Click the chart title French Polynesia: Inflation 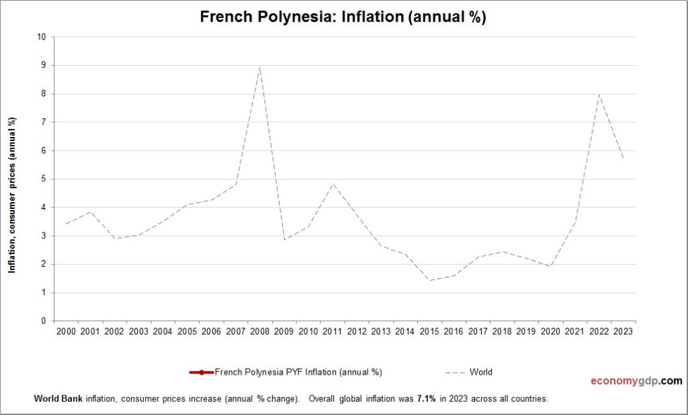click(343, 17)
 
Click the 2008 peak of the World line click(260, 66)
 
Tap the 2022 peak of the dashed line click(599, 94)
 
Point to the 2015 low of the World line click(429, 280)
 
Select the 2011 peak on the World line click(333, 183)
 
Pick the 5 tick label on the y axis click(44, 179)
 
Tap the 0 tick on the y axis click(44, 321)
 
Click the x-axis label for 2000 click(66, 332)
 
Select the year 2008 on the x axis click(260, 332)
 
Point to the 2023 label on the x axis click(623, 332)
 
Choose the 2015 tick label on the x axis click(429, 332)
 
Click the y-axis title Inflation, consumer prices click(11, 195)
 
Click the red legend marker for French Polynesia click(202, 372)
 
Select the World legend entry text click(482, 372)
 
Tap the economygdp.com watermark click(636, 381)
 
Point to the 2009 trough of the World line click(284, 240)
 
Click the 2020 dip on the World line click(550, 266)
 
